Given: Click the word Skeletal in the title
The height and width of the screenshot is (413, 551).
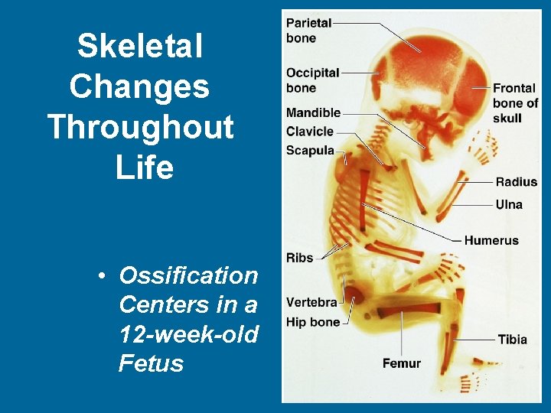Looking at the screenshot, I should (x=140, y=47).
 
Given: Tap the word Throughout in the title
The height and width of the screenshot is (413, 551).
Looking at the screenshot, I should (x=140, y=126).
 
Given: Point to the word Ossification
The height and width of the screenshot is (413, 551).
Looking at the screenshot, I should (x=188, y=275).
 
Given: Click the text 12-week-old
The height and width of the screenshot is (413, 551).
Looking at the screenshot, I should (x=188, y=334).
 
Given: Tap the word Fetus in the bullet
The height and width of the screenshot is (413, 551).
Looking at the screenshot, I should (x=151, y=363).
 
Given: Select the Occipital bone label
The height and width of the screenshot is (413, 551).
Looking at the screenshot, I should (x=312, y=80).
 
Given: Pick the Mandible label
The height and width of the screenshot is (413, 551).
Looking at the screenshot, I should (x=313, y=113).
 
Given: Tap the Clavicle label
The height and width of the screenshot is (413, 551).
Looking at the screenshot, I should (x=310, y=132).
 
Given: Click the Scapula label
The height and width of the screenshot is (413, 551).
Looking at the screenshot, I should (x=310, y=150).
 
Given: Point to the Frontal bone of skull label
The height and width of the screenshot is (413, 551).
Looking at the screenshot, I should (x=515, y=102).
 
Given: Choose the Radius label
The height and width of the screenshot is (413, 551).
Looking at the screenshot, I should (x=517, y=182).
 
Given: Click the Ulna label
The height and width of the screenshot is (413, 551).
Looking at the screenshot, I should (x=509, y=204).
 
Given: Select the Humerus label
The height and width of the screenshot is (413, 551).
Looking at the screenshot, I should (x=491, y=240).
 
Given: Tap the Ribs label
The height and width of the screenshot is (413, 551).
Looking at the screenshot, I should (x=300, y=258).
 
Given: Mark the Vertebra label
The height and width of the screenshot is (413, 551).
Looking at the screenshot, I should (x=312, y=303).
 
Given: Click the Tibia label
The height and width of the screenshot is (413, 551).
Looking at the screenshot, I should (x=512, y=340).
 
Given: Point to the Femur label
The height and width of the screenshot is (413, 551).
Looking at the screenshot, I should (x=402, y=363).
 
